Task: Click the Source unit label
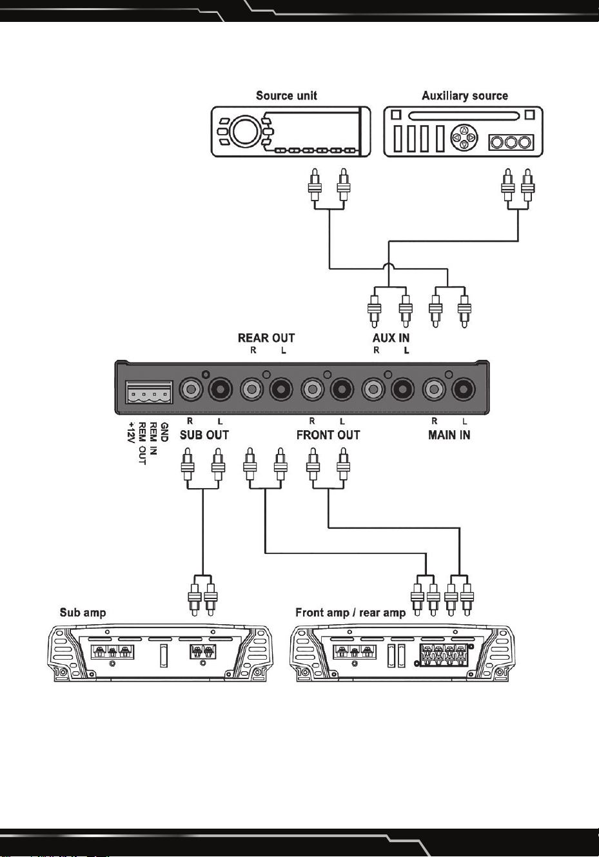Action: click(x=286, y=95)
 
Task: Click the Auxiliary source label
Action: click(x=465, y=95)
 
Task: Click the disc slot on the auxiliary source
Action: click(x=464, y=115)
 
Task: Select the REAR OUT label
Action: click(x=266, y=338)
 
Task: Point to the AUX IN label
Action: click(x=391, y=338)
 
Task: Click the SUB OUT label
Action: click(x=204, y=435)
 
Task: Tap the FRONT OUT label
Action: click(x=328, y=435)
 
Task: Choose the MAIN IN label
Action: click(x=449, y=435)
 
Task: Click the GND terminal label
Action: click(x=164, y=432)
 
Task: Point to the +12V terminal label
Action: click(x=132, y=433)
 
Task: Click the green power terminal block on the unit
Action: click(x=149, y=392)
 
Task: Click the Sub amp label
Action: click(x=83, y=613)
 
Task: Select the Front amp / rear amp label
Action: click(x=350, y=613)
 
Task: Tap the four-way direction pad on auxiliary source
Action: click(x=464, y=137)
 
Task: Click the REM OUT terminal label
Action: click(x=142, y=444)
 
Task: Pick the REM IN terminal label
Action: click(x=153, y=438)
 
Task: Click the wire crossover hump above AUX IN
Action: click(x=389, y=265)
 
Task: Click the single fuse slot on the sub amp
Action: click(x=163, y=655)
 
